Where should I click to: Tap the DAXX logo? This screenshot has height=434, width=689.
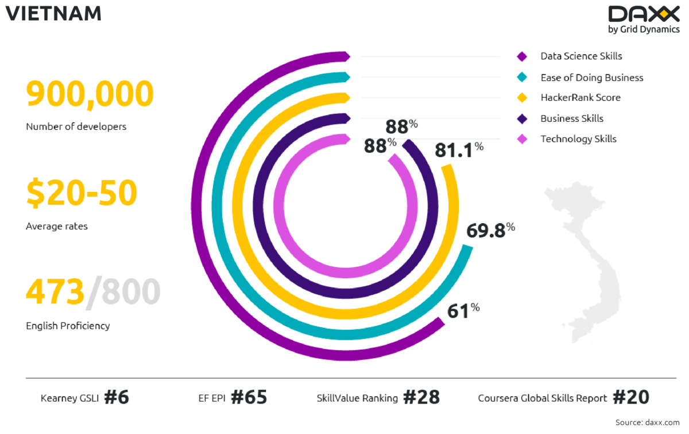(643, 15)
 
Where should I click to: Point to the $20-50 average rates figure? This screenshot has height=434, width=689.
(82, 193)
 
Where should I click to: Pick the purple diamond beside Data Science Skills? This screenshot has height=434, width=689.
(522, 56)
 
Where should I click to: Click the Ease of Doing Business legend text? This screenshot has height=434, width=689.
(591, 78)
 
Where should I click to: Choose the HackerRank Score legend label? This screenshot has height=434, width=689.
(580, 98)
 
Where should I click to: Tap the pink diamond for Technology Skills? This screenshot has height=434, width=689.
(522, 139)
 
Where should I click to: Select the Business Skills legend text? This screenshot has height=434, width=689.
(572, 118)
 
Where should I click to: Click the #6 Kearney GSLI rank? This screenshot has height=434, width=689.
(117, 397)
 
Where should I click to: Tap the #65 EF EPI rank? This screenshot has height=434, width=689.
(249, 397)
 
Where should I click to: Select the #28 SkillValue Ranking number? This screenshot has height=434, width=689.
(421, 397)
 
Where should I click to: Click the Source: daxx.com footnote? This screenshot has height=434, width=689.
(647, 423)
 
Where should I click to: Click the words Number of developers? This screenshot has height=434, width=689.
(76, 126)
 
